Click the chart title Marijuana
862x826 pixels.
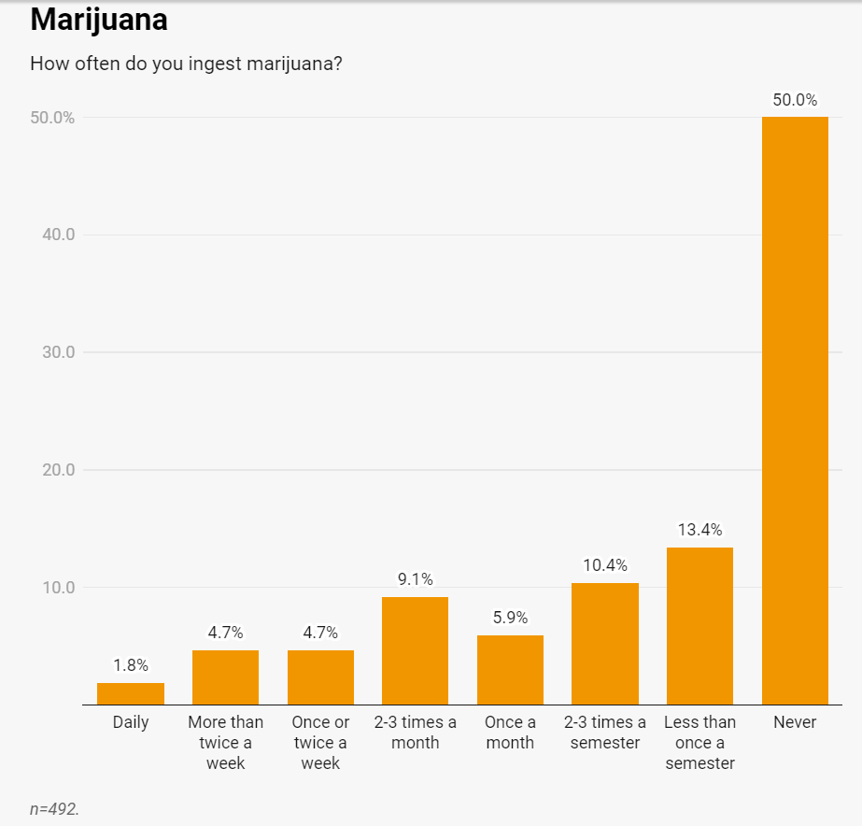(x=99, y=20)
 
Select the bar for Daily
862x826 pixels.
(x=131, y=694)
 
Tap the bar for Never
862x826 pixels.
(x=795, y=411)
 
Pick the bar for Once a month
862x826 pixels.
(x=510, y=670)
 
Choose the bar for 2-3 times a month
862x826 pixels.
(x=415, y=651)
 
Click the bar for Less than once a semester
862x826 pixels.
(x=699, y=626)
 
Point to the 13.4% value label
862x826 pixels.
(x=699, y=530)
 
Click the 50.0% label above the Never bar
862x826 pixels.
(x=795, y=100)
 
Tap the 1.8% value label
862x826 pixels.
(x=131, y=665)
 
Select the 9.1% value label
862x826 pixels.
(x=415, y=579)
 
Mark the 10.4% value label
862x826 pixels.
(x=605, y=565)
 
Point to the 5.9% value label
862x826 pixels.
(x=510, y=618)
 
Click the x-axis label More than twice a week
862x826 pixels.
(x=225, y=743)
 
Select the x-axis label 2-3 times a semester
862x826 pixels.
(x=605, y=733)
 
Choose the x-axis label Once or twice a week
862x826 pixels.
(x=320, y=743)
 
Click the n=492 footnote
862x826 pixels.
(x=54, y=808)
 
